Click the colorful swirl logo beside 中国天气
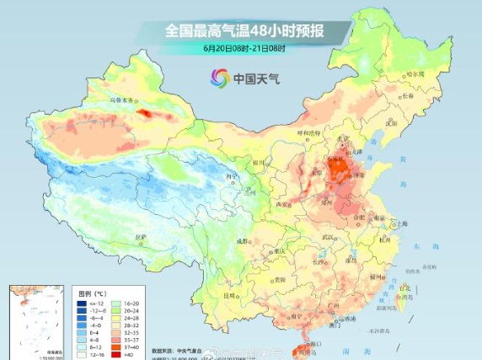(x=219, y=78)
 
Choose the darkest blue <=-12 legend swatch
(x=83, y=303)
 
